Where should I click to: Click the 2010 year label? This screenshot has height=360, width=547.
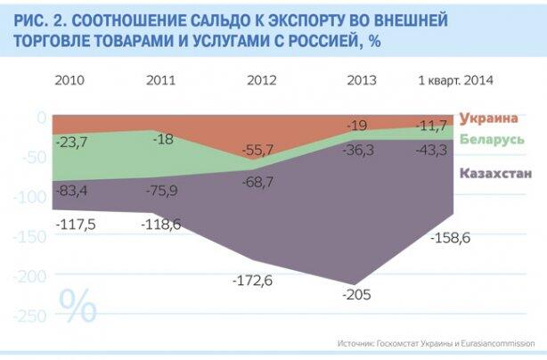pos(69,80)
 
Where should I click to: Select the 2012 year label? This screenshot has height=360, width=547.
pos(262,80)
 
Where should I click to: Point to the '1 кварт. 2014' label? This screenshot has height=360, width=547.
pos(455,80)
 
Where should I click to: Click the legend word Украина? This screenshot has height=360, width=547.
pos(489,119)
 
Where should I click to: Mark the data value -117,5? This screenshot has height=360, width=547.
pos(75,225)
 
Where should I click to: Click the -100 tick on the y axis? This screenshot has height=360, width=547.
pos(29,196)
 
